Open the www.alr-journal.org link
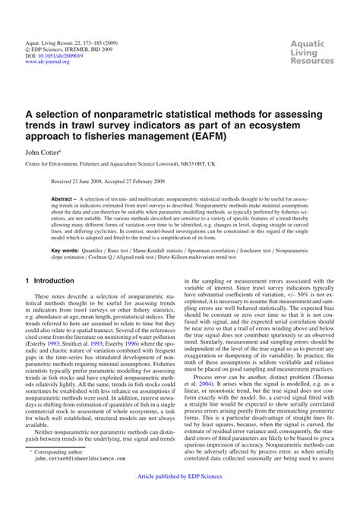click(x=47, y=62)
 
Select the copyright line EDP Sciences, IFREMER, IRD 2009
click(x=74, y=49)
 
